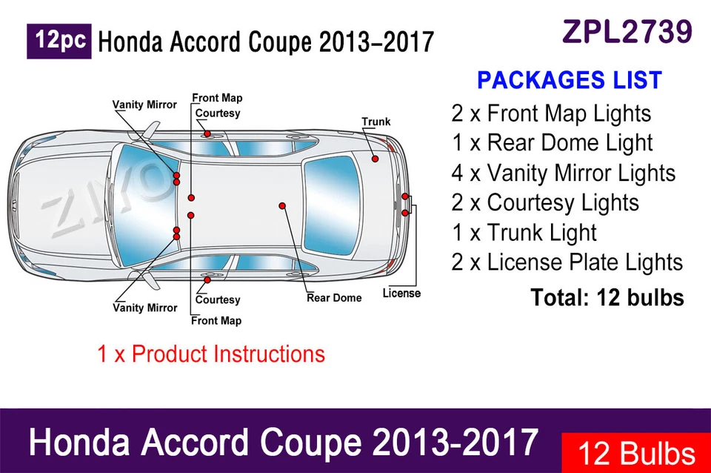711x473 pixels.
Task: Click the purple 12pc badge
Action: (x=59, y=42)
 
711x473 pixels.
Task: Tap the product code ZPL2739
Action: (x=627, y=31)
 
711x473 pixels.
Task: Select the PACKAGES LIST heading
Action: (x=569, y=80)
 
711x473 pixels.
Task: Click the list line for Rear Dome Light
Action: (x=552, y=143)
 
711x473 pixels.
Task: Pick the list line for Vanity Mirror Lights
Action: (x=563, y=173)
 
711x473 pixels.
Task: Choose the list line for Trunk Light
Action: (x=524, y=232)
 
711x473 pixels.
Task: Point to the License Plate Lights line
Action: (x=567, y=262)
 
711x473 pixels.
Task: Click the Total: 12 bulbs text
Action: (x=607, y=297)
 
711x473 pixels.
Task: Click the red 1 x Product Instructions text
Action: (x=211, y=354)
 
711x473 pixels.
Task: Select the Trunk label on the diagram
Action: (x=375, y=122)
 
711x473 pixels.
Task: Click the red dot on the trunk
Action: (x=375, y=159)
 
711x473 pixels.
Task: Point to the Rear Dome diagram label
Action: (x=334, y=298)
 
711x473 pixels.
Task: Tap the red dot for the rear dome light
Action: (x=282, y=205)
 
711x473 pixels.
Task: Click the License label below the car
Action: (x=401, y=294)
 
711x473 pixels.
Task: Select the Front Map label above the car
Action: (x=217, y=98)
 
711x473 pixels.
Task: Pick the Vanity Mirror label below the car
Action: (x=144, y=308)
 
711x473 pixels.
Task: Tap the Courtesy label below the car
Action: (x=218, y=300)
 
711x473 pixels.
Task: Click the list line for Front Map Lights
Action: (x=551, y=113)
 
